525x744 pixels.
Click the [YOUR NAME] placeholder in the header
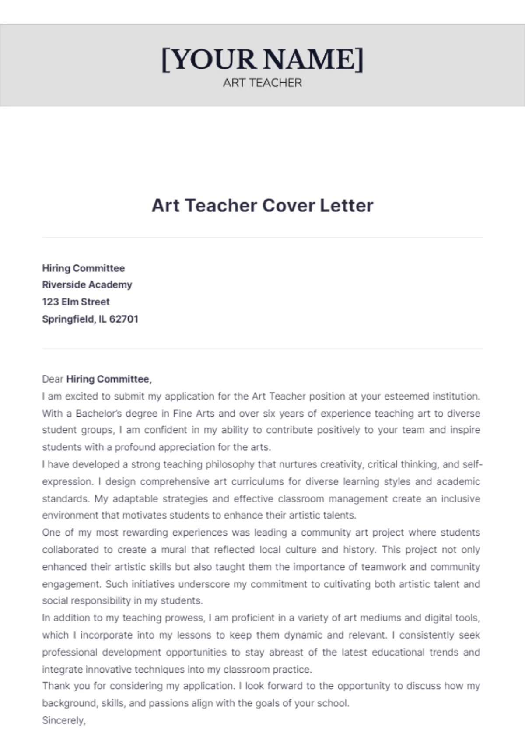coord(262,60)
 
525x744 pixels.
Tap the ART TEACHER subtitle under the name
coord(262,83)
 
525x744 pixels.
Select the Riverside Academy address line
coord(87,285)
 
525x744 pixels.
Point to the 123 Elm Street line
coord(76,302)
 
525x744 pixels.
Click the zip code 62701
coord(124,319)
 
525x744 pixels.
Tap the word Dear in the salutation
coord(52,379)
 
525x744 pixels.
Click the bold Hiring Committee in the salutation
coord(108,379)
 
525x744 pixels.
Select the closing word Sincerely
coord(63,720)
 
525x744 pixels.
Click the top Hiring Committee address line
coord(83,268)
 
